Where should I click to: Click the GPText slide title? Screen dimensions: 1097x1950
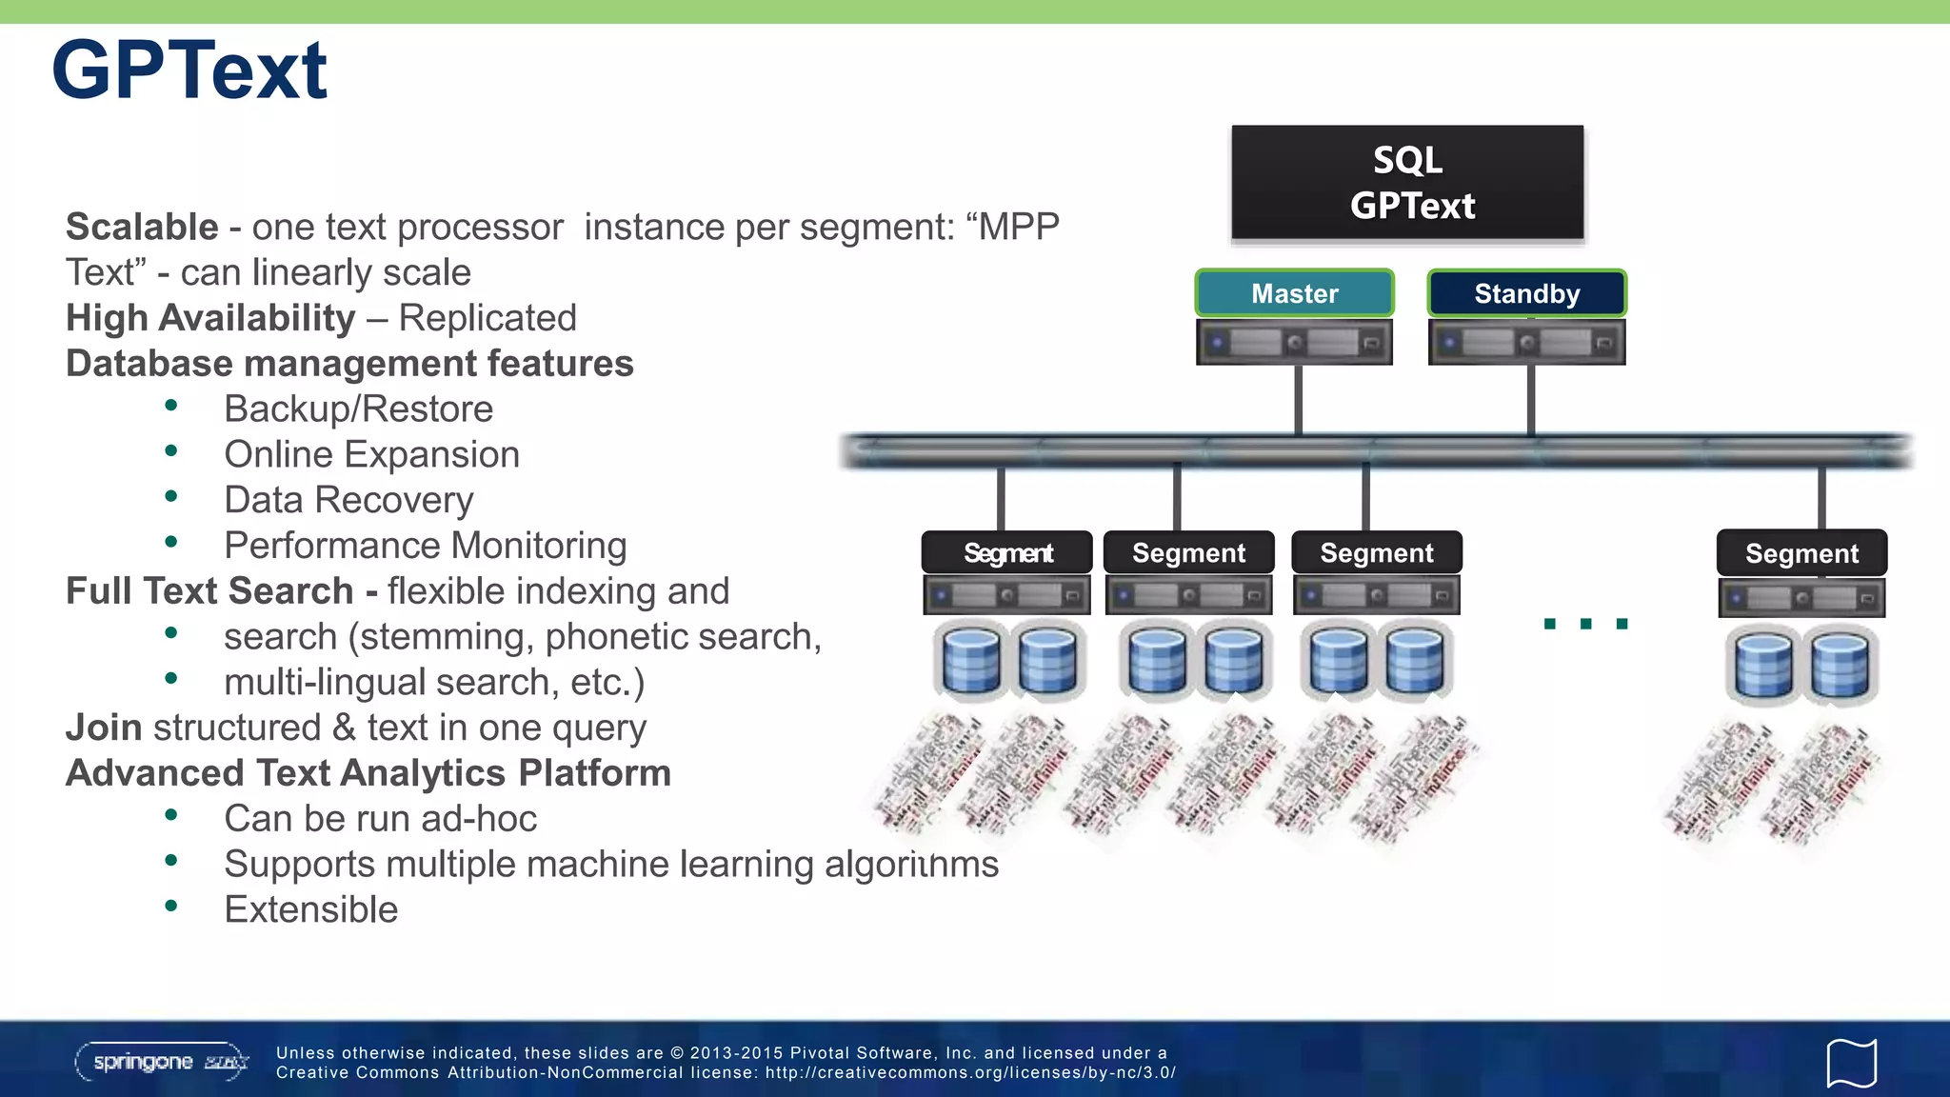pyautogui.click(x=189, y=71)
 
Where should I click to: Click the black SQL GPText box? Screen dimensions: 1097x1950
pyautogui.click(x=1407, y=183)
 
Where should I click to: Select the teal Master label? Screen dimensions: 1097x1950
pyautogui.click(x=1294, y=293)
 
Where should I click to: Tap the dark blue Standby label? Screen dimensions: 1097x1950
pyautogui.click(x=1526, y=293)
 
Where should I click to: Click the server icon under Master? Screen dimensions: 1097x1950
pyautogui.click(x=1294, y=343)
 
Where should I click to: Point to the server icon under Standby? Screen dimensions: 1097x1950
pyautogui.click(x=1526, y=343)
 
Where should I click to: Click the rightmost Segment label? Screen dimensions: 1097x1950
pyautogui.click(x=1801, y=553)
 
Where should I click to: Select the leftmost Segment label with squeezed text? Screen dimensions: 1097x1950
pyautogui.click(x=1007, y=553)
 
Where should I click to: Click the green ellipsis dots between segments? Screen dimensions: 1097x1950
pyautogui.click(x=1585, y=624)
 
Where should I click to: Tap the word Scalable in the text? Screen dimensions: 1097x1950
pyautogui.click(x=142, y=228)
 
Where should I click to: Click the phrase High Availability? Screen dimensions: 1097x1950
pyautogui.click(x=210, y=318)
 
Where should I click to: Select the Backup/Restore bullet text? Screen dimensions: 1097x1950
pyautogui.click(x=358, y=409)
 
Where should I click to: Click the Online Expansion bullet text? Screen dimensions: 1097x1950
pyautogui.click(x=371, y=455)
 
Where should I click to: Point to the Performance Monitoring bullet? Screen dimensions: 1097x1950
pyautogui.click(x=425, y=546)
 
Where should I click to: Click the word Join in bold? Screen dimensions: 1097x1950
pyautogui.click(x=104, y=728)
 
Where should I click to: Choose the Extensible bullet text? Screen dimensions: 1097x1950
pyautogui.click(x=310, y=909)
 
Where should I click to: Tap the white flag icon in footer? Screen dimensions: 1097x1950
pyautogui.click(x=1851, y=1063)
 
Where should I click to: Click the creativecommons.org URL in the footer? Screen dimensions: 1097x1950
pyautogui.click(x=970, y=1073)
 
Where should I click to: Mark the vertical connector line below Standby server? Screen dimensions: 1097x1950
pyautogui.click(x=1530, y=400)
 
